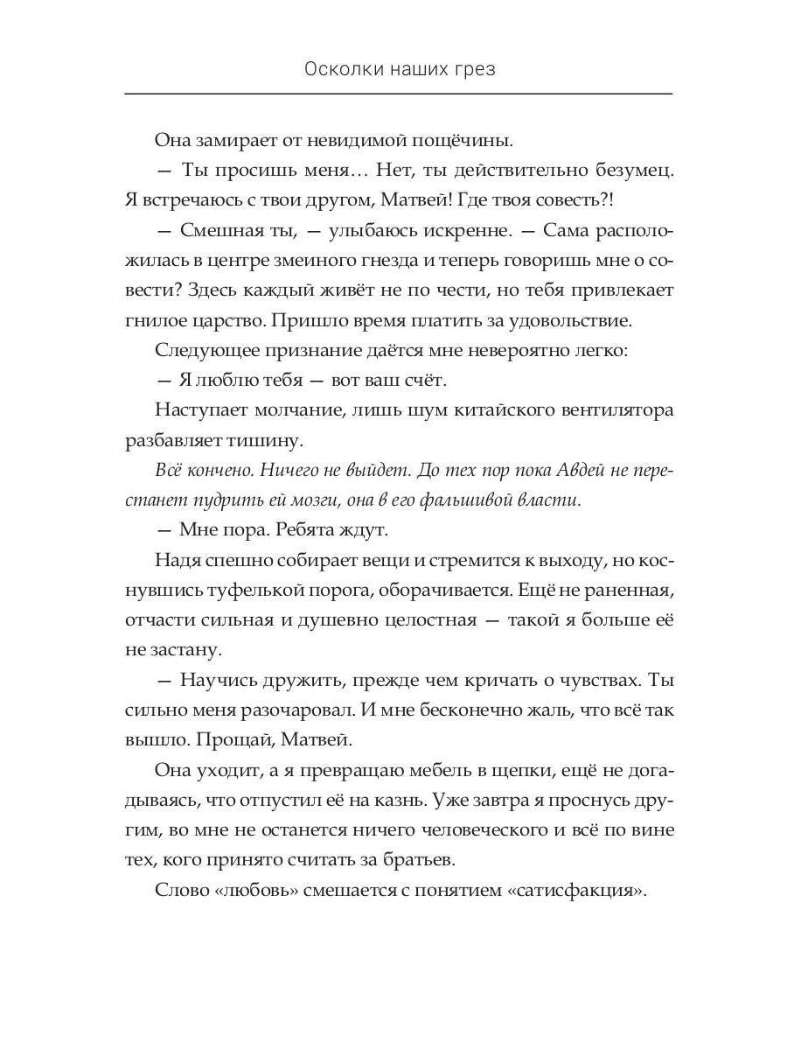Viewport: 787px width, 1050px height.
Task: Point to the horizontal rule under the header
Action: coord(399,94)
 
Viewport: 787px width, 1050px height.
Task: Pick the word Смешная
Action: coord(215,230)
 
